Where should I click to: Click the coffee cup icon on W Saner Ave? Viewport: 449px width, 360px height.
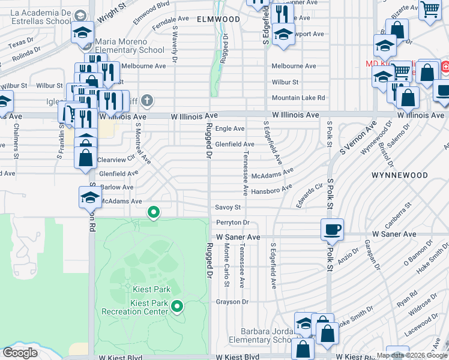coord(332,229)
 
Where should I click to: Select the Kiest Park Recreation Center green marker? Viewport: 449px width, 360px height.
coord(177,307)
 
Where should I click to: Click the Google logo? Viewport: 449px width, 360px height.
coord(20,353)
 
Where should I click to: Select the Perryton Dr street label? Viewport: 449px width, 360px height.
coord(232,223)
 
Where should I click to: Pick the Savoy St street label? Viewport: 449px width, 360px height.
coord(228,208)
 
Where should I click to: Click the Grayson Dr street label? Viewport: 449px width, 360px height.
coord(232,302)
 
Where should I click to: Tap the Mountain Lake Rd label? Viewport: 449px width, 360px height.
coord(298,98)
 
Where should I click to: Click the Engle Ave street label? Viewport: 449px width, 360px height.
coord(230,128)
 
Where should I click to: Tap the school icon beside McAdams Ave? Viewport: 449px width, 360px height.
coord(89,197)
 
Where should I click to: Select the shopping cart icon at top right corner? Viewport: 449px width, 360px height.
coord(429,10)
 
